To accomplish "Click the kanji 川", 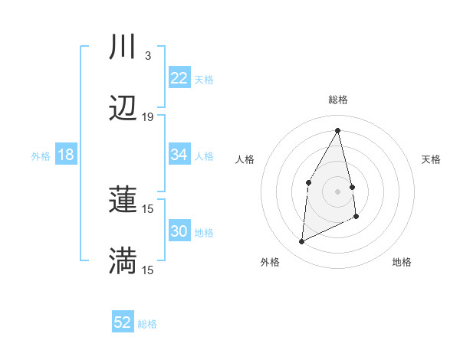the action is point(123,47).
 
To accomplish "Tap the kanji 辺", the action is point(123,110).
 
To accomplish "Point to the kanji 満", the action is point(123,260).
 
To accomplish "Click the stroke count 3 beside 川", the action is point(147,56).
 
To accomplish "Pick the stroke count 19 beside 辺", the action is point(148,117).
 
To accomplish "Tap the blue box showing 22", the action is point(179,78).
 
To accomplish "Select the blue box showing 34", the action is point(179,155).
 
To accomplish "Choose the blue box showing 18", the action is point(66,155).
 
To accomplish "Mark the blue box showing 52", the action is point(123,322).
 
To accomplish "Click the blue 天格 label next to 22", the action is point(204,79).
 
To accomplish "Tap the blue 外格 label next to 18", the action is point(41,155).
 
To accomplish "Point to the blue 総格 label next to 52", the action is point(147,323).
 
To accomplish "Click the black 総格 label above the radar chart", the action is point(338,100).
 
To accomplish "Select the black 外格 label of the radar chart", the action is point(270,262).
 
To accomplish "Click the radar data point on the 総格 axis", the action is point(338,130).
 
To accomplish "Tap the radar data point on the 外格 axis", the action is point(301,242).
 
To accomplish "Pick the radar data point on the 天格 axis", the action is point(352,187).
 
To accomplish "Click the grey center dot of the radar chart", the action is point(338,191).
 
